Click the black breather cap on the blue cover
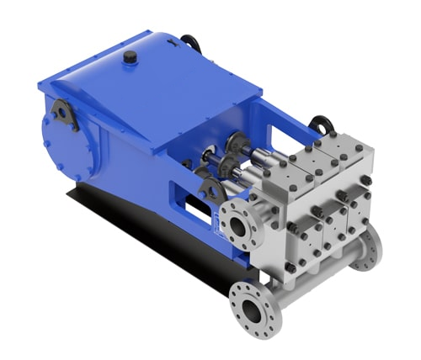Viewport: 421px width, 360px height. click(130, 57)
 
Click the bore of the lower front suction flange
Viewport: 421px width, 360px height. click(252, 312)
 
